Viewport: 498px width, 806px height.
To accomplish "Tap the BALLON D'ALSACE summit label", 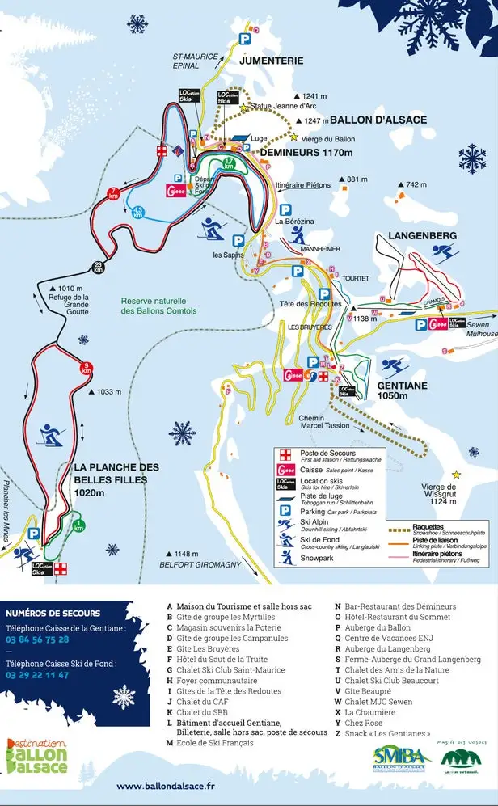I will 378,120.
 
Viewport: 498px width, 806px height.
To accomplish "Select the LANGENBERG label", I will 411,235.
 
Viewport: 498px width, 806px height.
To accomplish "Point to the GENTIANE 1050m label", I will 402,391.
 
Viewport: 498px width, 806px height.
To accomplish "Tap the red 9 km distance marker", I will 87,369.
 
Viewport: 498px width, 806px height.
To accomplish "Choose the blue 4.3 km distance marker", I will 137,213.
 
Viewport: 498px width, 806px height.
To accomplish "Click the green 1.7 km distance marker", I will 230,164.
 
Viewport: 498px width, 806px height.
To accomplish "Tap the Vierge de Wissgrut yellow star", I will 457,474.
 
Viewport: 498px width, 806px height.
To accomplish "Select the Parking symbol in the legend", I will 285,510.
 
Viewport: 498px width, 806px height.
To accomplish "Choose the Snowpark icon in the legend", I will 285,557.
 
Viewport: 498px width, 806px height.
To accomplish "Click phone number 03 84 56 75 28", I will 37,639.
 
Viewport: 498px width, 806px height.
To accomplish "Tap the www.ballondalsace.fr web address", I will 166,785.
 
